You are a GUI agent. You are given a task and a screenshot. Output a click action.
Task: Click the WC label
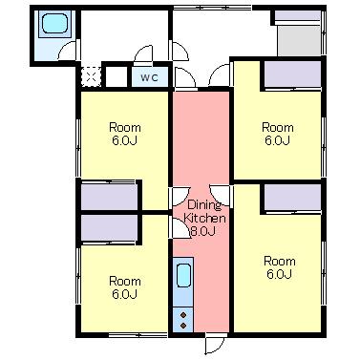point(149,77)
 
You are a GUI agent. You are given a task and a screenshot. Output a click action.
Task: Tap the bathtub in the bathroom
point(54,24)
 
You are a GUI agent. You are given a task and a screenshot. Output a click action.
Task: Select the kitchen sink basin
point(183,276)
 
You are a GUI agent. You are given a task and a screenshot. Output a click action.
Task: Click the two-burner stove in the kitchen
point(183,320)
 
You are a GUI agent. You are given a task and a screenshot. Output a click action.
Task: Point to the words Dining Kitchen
point(204,212)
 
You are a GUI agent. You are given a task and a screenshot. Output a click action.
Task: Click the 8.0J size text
point(202,231)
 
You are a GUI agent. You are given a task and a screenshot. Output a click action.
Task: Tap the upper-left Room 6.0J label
point(124,134)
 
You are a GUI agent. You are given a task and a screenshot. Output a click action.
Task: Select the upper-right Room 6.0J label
point(278,134)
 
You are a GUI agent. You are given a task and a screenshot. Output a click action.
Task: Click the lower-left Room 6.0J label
point(124,287)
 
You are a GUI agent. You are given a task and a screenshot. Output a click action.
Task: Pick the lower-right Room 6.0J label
point(280,267)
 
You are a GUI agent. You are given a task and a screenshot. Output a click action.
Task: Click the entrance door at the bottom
point(215,344)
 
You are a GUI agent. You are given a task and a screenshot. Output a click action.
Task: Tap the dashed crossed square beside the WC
point(91,76)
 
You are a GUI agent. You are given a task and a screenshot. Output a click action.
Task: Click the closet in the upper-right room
point(292,74)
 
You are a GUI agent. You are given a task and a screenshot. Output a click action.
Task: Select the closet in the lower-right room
point(292,198)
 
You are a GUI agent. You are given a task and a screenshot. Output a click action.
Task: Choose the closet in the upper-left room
point(109,197)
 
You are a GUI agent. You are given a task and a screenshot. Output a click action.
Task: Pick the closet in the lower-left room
point(109,228)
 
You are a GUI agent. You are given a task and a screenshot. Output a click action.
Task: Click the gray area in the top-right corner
point(299,41)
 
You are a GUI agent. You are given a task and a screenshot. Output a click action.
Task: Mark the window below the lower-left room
point(138,335)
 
